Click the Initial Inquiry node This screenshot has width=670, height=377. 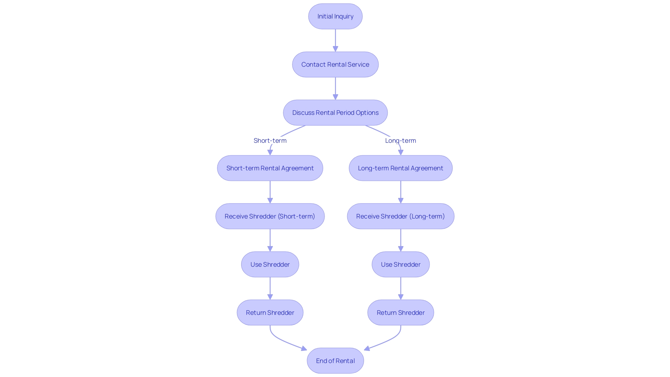(x=335, y=16)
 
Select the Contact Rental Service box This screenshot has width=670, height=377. (x=335, y=65)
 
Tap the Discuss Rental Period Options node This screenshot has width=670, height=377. (x=335, y=113)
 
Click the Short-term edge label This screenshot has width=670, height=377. (x=270, y=141)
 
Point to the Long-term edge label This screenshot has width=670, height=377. (x=400, y=141)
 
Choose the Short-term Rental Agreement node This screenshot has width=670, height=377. (x=270, y=168)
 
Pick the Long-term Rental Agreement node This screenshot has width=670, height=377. (x=400, y=168)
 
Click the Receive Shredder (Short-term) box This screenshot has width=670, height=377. (x=270, y=216)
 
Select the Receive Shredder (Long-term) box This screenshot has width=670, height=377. (x=400, y=216)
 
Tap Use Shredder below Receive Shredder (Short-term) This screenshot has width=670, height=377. (x=270, y=265)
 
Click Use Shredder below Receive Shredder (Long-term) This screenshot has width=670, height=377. (x=400, y=265)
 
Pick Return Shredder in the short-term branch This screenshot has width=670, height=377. (x=270, y=313)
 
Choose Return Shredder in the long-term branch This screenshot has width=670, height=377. (x=400, y=313)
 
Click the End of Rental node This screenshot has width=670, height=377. (x=335, y=361)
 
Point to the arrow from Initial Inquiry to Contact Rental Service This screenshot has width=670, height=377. (x=335, y=40)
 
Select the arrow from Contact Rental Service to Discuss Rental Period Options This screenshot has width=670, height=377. (x=335, y=88)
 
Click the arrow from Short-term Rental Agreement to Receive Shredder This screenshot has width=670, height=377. (x=270, y=192)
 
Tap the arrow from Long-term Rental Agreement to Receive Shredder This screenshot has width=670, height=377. (x=401, y=192)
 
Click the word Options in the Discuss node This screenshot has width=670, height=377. (x=367, y=113)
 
